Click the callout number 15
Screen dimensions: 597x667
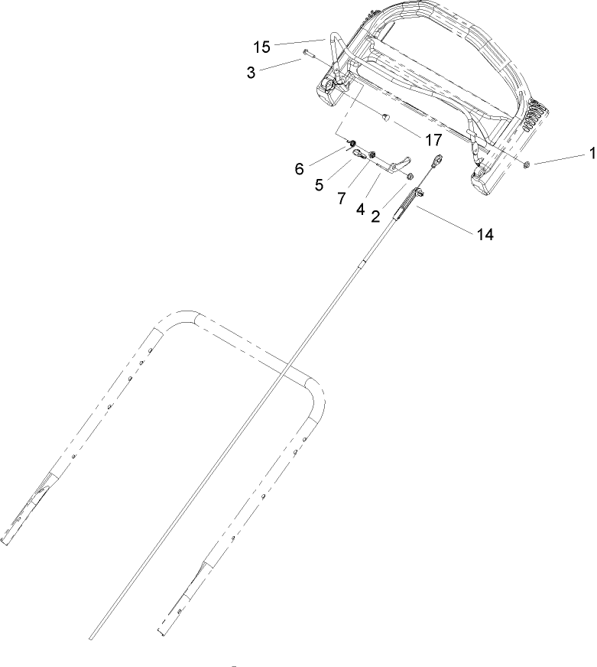(261, 47)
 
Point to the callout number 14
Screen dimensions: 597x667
(485, 235)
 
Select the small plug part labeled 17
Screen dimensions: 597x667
(388, 118)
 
